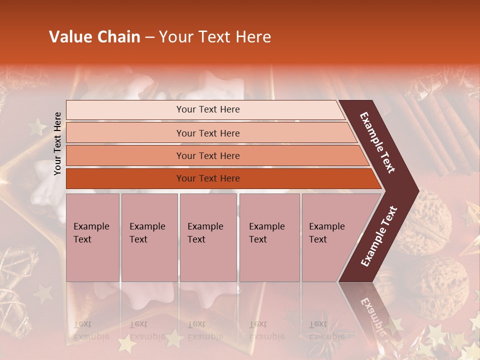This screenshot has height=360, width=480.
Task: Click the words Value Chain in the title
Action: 94,37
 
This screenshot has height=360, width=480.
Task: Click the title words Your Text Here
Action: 215,37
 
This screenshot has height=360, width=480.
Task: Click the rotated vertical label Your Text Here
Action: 57,143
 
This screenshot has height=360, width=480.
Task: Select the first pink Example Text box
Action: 92,237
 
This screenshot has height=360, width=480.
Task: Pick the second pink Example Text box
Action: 149,237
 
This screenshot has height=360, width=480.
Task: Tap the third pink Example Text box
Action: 208,237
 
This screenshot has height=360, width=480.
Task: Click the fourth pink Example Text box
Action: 269,237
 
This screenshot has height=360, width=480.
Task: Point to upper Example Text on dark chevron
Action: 378,142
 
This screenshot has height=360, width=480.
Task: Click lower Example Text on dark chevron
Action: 379,236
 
